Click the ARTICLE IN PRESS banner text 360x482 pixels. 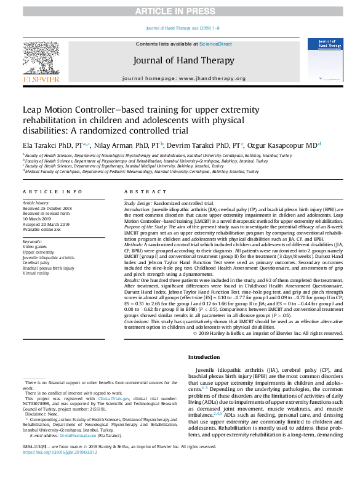pyautogui.click(x=180, y=12)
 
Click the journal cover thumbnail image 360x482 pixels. pyautogui.click(x=321, y=60)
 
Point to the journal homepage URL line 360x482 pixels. pyautogui.click(x=184, y=79)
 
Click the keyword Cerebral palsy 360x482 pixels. pyautogui.click(x=37, y=263)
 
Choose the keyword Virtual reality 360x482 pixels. pyautogui.click(x=37, y=274)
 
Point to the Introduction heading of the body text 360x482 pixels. pyautogui.click(x=204, y=357)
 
